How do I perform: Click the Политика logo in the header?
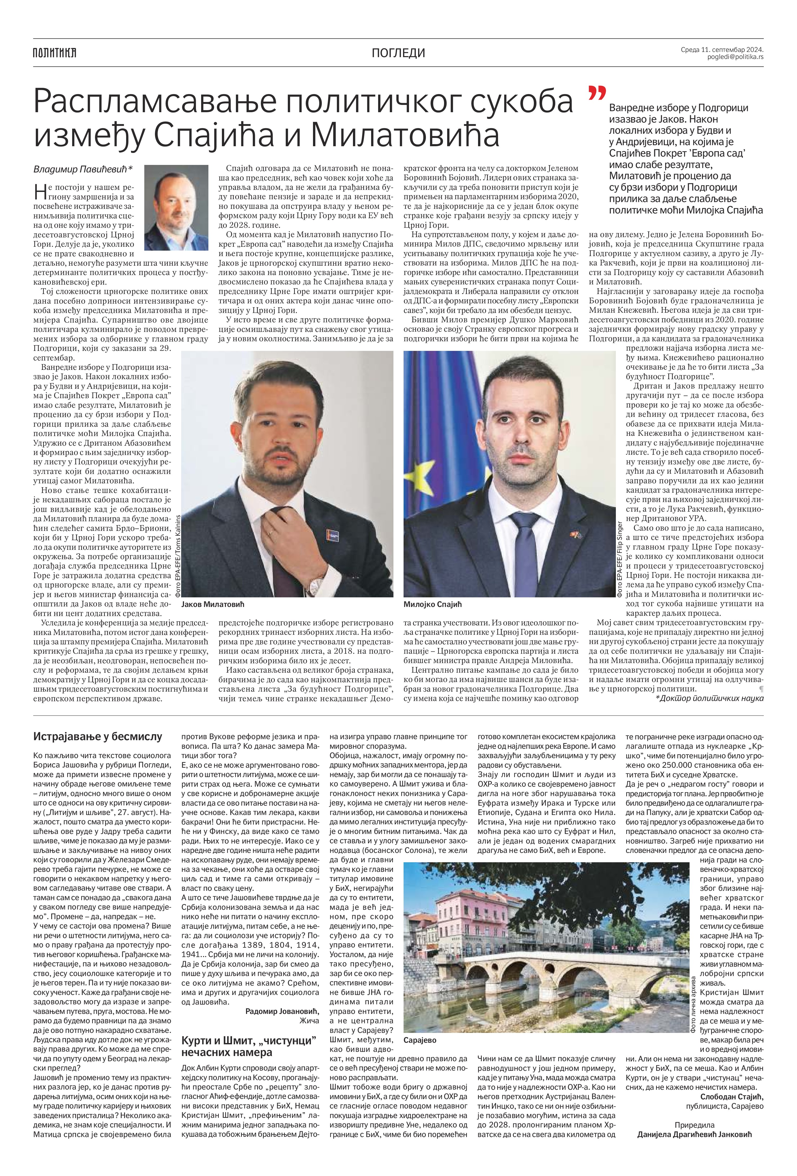click(54, 52)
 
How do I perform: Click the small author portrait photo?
click(176, 208)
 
